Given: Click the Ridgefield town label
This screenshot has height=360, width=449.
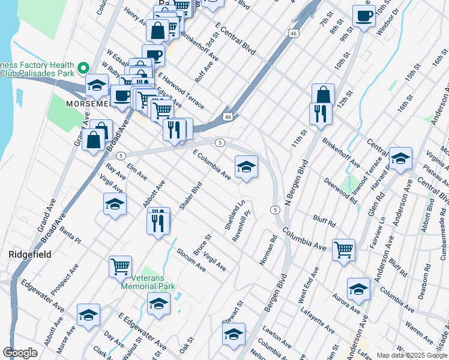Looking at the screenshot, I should point(28,254).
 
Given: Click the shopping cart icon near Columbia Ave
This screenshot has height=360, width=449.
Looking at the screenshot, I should point(343,249).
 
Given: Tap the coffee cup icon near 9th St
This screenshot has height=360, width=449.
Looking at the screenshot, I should point(364,16).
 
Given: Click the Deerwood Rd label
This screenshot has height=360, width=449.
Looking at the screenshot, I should point(340,192).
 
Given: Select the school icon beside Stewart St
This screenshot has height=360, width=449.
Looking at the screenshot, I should point(234,334).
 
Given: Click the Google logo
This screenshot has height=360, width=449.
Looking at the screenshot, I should point(20,353).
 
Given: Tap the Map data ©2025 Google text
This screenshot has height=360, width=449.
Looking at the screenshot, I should point(412,355).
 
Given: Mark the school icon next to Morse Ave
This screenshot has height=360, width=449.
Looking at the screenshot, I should point(88,315).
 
